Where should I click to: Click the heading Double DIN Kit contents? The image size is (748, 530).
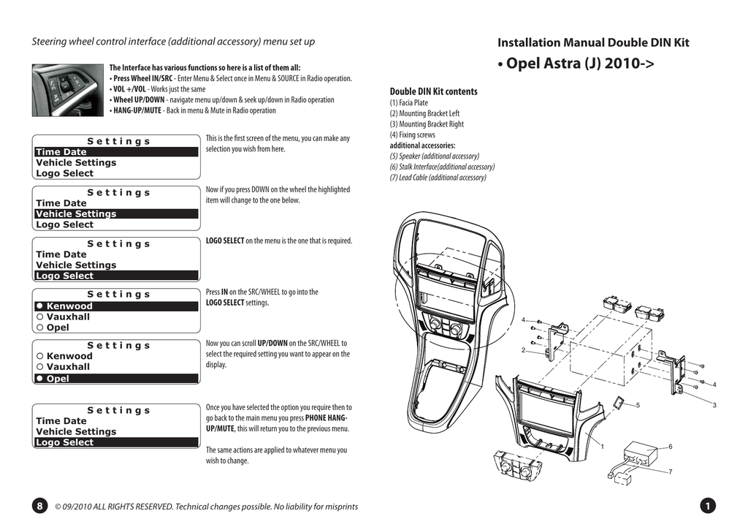(x=433, y=91)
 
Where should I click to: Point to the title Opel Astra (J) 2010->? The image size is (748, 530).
(x=576, y=63)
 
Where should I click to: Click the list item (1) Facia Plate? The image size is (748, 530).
(x=409, y=103)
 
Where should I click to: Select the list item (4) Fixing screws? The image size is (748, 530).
(x=412, y=135)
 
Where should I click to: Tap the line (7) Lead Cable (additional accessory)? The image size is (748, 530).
(x=438, y=178)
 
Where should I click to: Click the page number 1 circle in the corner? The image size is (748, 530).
(x=707, y=507)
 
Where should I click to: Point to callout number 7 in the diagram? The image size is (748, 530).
(x=670, y=472)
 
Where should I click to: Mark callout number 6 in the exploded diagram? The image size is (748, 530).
(x=670, y=446)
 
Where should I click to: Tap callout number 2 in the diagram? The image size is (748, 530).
(x=524, y=351)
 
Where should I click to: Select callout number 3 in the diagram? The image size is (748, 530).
(x=714, y=405)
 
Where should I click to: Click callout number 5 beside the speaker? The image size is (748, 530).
(x=638, y=405)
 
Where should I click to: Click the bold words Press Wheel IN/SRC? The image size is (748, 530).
(x=143, y=78)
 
